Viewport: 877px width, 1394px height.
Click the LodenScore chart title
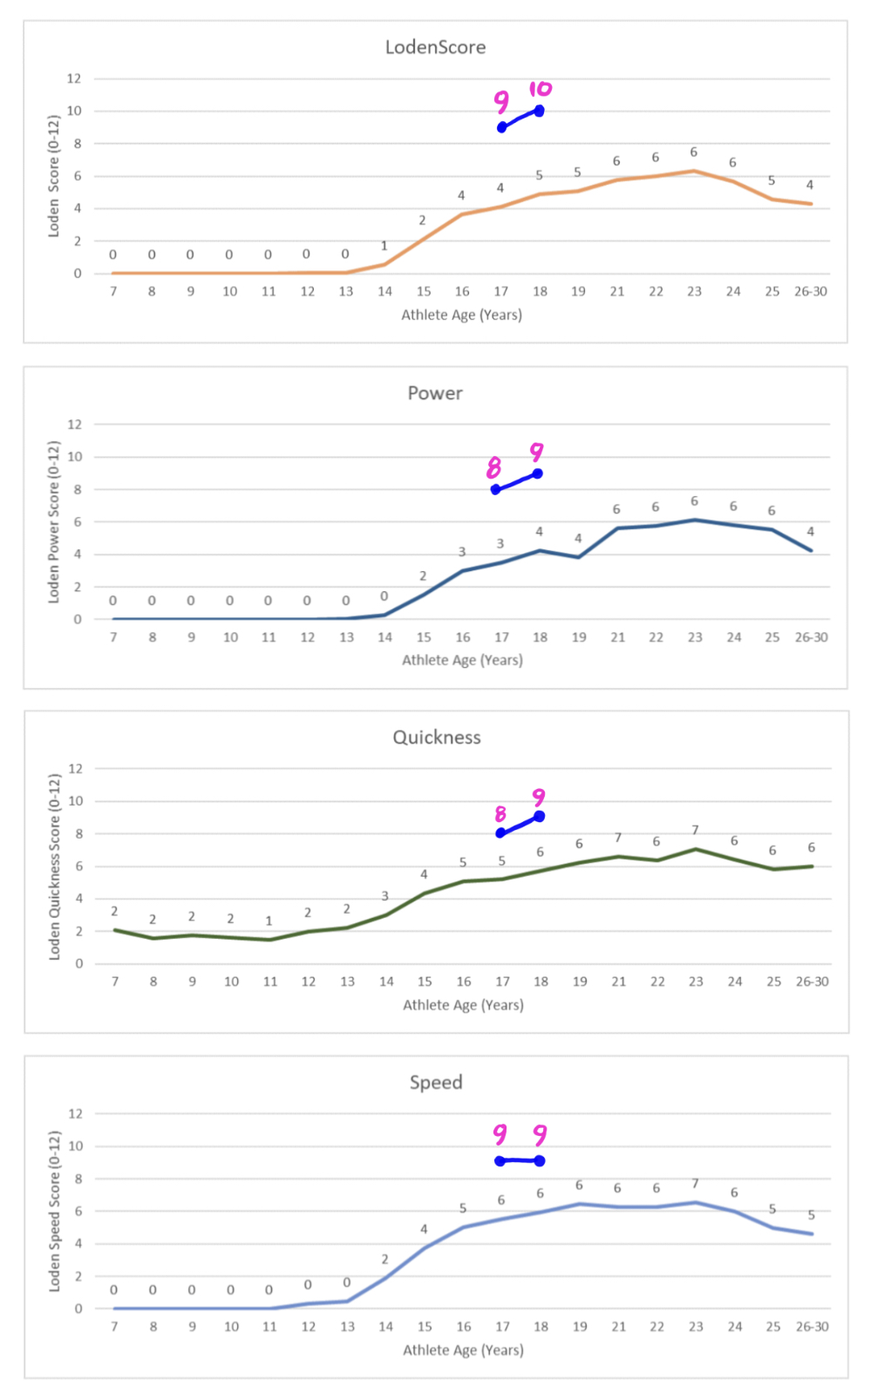click(x=435, y=47)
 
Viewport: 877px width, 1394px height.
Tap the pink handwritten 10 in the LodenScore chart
click(x=540, y=89)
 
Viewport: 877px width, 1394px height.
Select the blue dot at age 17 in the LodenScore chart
click(x=502, y=128)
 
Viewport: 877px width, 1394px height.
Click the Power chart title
click(x=435, y=393)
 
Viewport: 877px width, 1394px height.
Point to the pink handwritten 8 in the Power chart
click(x=494, y=468)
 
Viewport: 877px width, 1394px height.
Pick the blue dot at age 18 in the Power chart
click(x=538, y=473)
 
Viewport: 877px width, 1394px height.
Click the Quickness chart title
click(x=436, y=738)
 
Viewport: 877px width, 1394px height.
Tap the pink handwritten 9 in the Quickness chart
click(x=539, y=797)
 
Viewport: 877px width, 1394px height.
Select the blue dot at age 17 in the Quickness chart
click(x=500, y=833)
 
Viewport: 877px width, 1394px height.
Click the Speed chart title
click(x=436, y=1083)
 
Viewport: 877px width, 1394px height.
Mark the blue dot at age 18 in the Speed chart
click(x=540, y=1160)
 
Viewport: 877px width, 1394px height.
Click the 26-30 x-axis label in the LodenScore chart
click(x=810, y=291)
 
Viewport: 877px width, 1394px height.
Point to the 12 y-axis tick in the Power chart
click(x=75, y=425)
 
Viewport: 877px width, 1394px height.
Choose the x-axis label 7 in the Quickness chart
click(x=115, y=982)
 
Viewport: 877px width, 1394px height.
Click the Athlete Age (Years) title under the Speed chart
click(x=463, y=1350)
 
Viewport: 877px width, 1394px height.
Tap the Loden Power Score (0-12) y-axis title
click(x=54, y=521)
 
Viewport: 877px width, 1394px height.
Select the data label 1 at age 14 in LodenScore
click(x=384, y=246)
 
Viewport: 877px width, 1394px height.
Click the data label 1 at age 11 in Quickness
click(x=269, y=921)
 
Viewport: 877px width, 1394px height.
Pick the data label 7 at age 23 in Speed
click(x=695, y=1183)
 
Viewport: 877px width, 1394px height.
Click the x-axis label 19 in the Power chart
click(x=579, y=637)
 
